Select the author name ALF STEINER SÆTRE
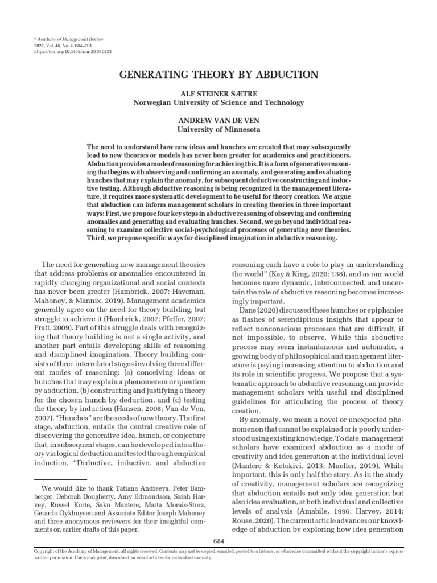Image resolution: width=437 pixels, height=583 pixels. click(x=218, y=94)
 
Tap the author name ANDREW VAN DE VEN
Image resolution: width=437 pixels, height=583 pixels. click(x=218, y=121)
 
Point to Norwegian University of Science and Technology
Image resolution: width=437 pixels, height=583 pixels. click(x=218, y=102)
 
